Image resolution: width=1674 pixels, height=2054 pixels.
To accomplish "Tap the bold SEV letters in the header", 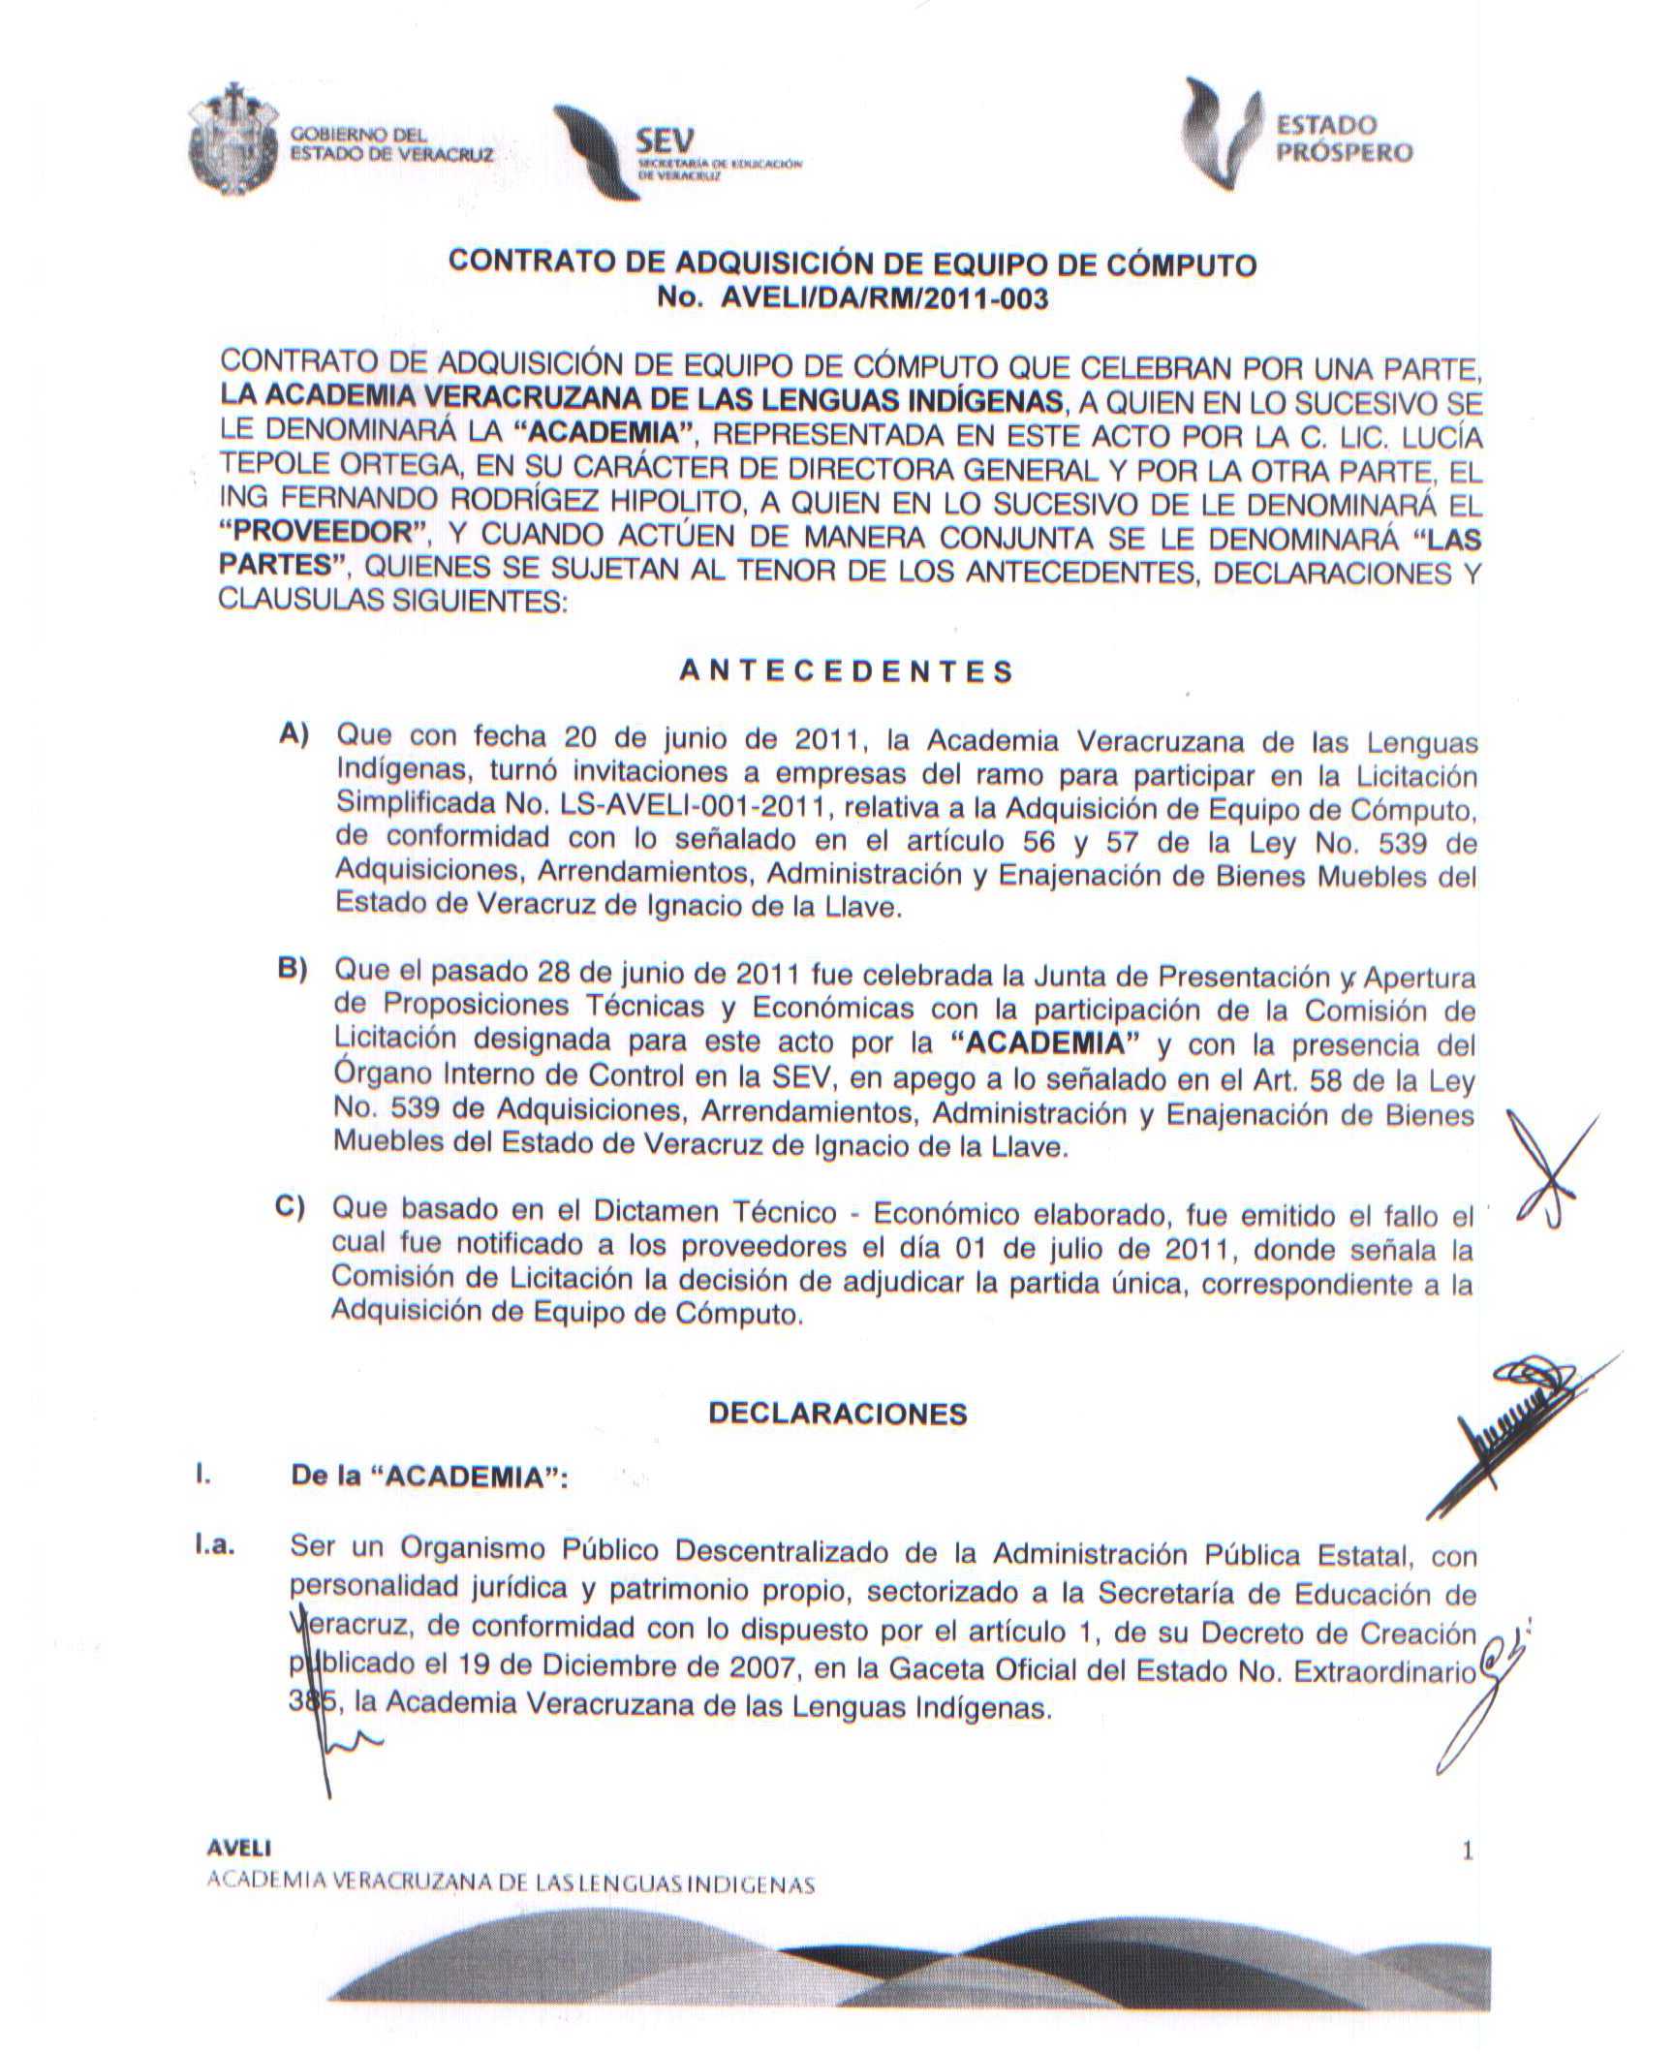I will (665, 141).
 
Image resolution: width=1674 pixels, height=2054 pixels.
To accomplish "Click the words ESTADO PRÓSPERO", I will (1342, 139).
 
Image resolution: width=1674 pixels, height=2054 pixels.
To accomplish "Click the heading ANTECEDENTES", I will (846, 672).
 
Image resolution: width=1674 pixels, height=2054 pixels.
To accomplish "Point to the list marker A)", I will (294, 735).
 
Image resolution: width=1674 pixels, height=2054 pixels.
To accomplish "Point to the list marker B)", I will (292, 969).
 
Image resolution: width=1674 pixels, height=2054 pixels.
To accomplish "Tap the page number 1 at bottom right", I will (1467, 1852).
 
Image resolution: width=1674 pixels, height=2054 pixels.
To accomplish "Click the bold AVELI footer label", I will (239, 1848).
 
